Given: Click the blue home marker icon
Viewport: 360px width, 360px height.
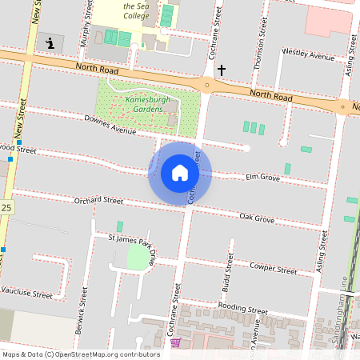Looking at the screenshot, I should [180, 172].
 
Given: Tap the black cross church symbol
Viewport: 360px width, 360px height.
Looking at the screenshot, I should [222, 71].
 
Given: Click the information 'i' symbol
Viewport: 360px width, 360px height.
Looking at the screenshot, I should [50, 43].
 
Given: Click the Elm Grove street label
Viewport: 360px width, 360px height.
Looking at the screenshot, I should [262, 177].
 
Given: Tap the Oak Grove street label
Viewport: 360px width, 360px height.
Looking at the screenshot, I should [257, 218].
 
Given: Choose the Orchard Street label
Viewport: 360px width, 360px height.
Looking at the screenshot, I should [98, 201].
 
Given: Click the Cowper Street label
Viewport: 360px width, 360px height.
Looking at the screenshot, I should [273, 268].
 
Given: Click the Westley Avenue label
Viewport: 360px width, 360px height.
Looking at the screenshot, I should [308, 57].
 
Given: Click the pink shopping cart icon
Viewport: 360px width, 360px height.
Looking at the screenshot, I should [175, 342].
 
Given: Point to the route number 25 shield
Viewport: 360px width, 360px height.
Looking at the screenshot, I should [6, 208].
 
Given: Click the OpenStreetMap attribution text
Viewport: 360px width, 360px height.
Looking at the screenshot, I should [81, 354].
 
